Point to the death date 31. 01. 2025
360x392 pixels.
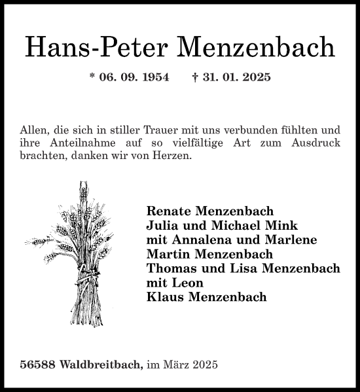(236, 77)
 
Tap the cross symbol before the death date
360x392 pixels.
(195, 77)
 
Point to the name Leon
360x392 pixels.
(187, 283)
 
